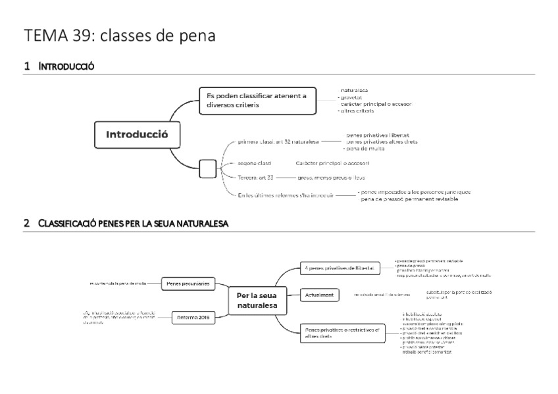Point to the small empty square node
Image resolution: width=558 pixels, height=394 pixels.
point(207,168)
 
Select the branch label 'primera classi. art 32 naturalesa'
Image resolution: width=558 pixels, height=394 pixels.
point(278,141)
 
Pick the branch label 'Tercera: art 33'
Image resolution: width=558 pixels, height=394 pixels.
point(255,178)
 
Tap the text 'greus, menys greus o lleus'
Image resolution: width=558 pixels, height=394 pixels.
point(331,178)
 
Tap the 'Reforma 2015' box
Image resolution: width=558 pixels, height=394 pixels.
point(192,318)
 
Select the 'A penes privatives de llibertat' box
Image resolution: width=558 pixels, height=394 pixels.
point(340,268)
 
